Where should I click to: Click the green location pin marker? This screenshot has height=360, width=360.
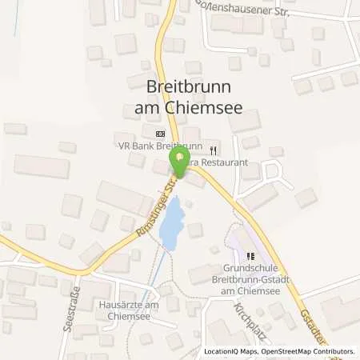point(180,163)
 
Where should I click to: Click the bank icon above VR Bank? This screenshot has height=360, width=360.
point(159,134)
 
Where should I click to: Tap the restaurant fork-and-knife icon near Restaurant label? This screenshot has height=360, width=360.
point(213,150)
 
